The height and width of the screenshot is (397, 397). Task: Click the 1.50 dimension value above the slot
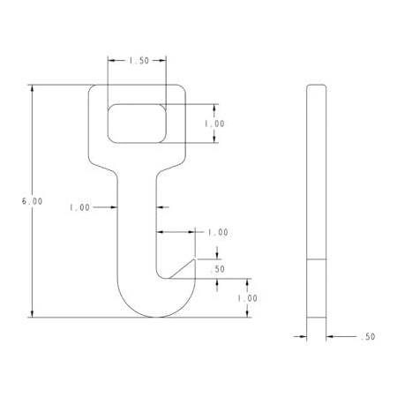click(x=138, y=61)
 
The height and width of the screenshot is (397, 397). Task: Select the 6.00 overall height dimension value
click(x=32, y=201)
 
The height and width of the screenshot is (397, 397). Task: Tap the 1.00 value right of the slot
click(x=214, y=124)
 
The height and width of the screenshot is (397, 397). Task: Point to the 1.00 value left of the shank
click(x=79, y=208)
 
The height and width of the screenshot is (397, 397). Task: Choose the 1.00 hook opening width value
click(x=217, y=232)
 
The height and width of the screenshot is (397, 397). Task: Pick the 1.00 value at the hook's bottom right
click(x=247, y=298)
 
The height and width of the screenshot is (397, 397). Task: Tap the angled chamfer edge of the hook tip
click(x=184, y=267)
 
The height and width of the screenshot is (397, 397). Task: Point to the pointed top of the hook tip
click(x=195, y=258)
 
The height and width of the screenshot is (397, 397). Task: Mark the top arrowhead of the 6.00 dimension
click(x=32, y=87)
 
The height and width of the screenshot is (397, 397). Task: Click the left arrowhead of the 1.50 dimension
click(x=111, y=61)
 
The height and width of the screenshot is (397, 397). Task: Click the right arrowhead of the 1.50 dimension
click(x=163, y=61)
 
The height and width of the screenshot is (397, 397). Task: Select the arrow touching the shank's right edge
click(x=161, y=208)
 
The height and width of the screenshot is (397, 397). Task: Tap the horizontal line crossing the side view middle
click(x=316, y=259)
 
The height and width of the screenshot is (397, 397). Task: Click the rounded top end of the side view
click(x=316, y=86)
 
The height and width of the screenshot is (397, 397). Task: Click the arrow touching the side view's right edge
click(x=329, y=337)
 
